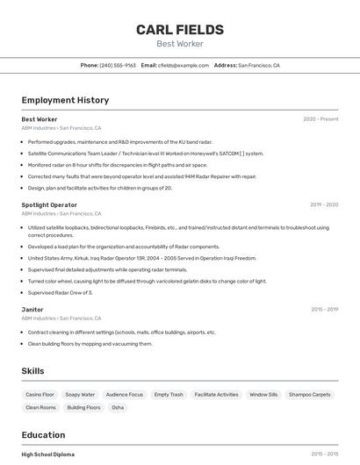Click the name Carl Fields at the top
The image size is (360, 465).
pos(179,30)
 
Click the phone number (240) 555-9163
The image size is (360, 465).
pos(118,65)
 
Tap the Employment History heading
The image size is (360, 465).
pos(65,100)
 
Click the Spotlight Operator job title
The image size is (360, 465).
pos(49,204)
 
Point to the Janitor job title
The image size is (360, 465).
pos(32,309)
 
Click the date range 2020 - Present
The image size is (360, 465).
pos(320,119)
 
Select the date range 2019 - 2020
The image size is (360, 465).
pos(323,204)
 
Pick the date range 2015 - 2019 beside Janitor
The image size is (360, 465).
pos(324,309)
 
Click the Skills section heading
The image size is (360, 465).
pos(33,371)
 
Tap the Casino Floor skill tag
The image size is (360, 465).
pos(40,395)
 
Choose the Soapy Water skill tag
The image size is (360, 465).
pos(80,395)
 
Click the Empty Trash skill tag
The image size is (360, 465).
pos(169,395)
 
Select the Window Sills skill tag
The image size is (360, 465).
pos(263,395)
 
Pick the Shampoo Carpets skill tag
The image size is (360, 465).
pos(309,395)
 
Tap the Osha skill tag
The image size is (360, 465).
pos(118,407)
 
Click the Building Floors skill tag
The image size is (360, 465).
pos(83,407)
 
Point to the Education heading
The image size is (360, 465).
pos(43,435)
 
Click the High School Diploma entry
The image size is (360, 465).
pos(48,454)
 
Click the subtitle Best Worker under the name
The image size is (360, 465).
pos(179,44)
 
